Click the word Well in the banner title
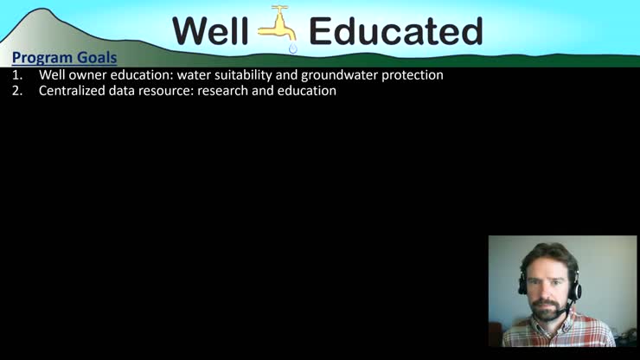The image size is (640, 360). pos(211,31)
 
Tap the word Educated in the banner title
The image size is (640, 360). pos(395,31)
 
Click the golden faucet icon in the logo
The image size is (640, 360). pos(278,24)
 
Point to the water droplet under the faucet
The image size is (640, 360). pos(293,48)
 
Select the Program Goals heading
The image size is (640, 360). pos(64,58)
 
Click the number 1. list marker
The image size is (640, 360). pos(17,75)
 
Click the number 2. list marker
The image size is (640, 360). pos(17,91)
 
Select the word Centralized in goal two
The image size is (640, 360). pos(72,91)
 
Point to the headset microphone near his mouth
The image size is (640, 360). pos(564,305)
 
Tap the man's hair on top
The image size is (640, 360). pos(548,253)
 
